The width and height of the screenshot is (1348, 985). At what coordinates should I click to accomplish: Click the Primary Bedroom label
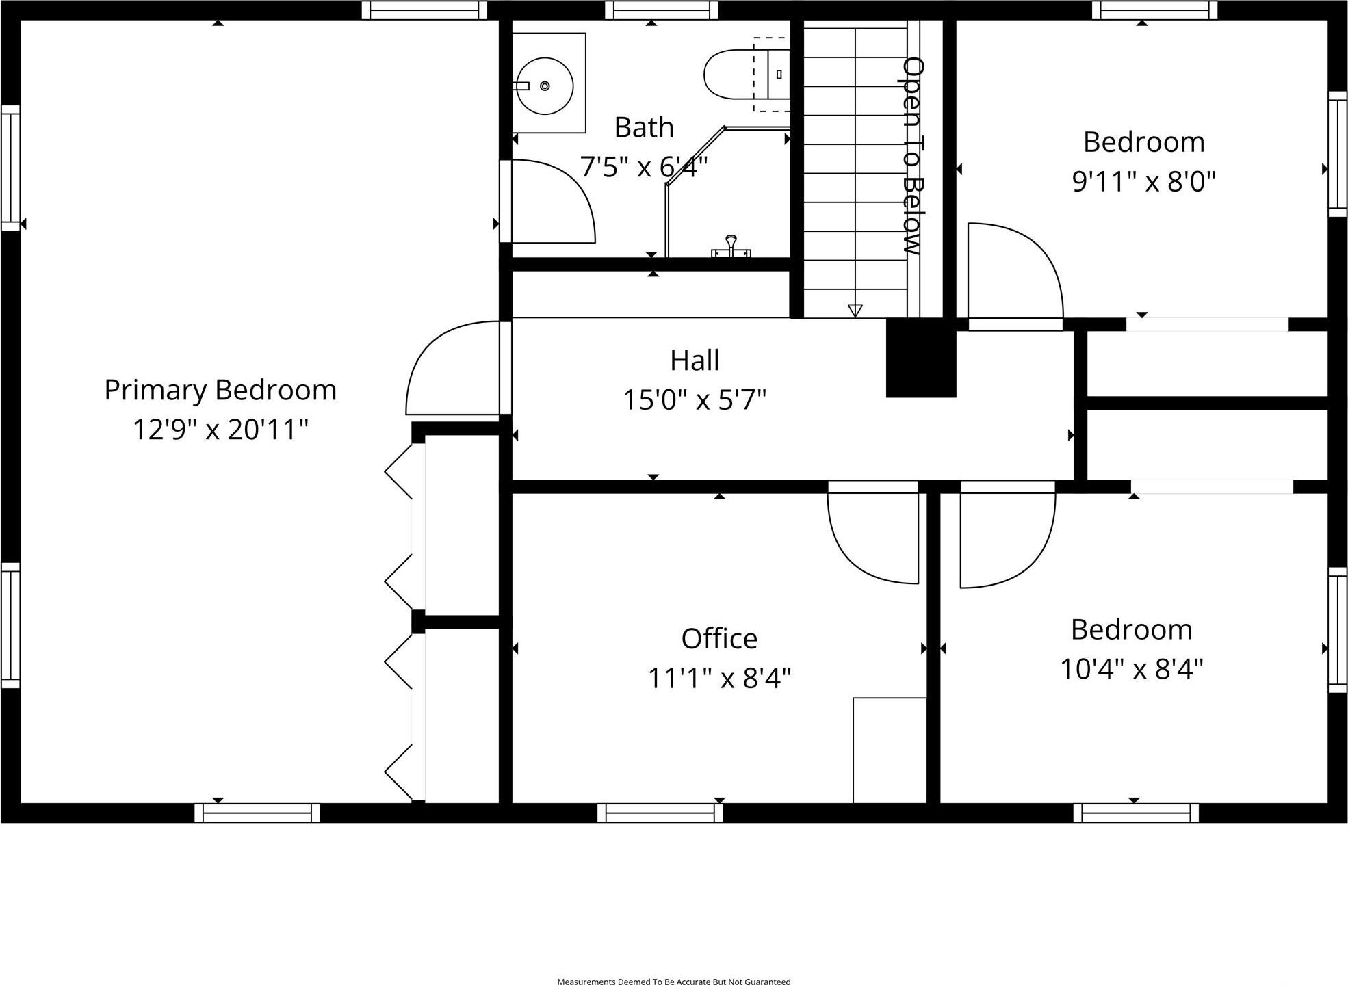220,390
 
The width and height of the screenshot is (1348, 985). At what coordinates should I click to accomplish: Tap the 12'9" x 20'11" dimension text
220,430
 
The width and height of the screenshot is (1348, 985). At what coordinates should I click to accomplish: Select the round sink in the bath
545,86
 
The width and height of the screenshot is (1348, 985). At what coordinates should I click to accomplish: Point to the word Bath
644,127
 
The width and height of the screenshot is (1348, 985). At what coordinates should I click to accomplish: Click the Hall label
695,360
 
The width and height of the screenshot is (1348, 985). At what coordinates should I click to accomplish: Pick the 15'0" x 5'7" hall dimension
695,399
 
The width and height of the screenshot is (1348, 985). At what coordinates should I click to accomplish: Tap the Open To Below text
914,156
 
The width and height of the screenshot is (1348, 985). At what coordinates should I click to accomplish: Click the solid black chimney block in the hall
920,358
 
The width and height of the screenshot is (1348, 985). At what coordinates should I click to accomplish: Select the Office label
719,639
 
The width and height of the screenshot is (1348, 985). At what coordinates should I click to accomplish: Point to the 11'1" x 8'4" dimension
719,678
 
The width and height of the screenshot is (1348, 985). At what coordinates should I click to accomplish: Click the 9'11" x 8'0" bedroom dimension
1143,181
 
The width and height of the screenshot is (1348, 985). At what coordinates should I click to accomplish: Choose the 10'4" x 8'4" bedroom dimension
1131,668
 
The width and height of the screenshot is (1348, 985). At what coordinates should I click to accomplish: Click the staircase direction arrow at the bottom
855,311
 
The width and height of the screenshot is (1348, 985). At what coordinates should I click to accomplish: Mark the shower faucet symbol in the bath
731,246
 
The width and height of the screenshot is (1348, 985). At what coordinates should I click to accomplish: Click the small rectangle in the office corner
890,750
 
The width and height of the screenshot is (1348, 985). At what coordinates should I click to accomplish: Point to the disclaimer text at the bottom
674,982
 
